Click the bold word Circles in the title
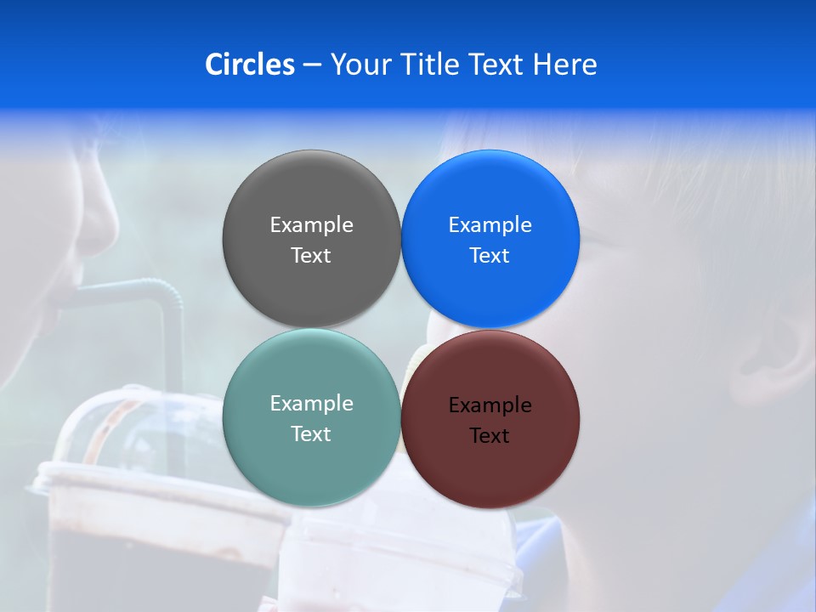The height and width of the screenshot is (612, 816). [x=249, y=65]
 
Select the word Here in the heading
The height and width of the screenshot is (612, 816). [x=564, y=65]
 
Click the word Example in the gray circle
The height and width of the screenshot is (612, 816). [x=311, y=224]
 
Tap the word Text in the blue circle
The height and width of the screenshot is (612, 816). [x=490, y=256]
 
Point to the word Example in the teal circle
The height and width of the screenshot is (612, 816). [x=311, y=403]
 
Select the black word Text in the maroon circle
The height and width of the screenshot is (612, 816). [x=490, y=436]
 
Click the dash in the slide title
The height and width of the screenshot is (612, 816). [x=312, y=65]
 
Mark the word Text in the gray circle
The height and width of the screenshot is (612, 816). [x=311, y=256]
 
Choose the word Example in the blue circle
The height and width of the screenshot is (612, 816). [x=490, y=224]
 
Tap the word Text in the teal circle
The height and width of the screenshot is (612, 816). [x=311, y=434]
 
